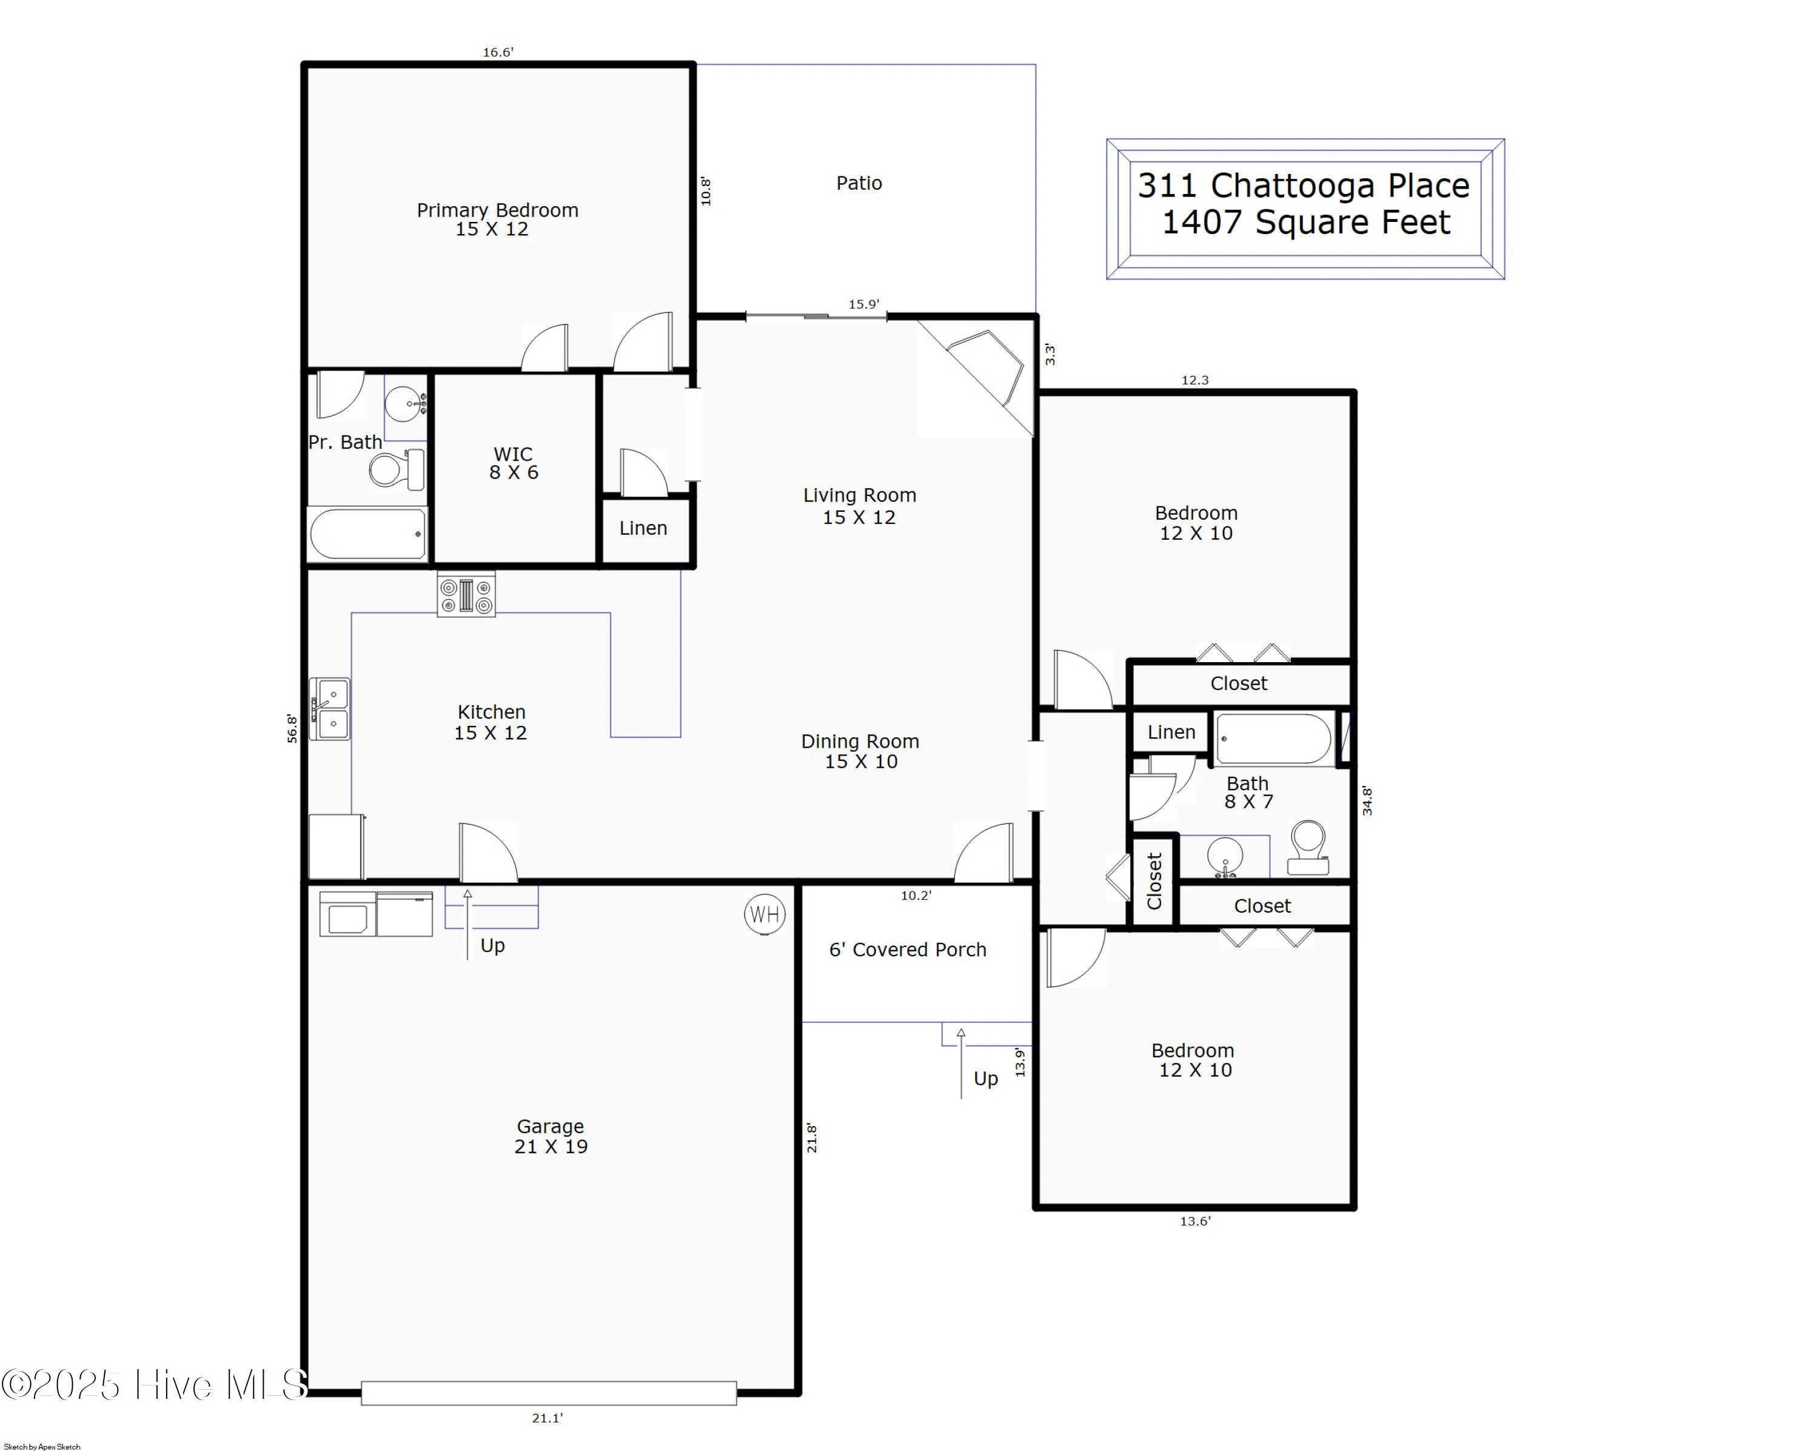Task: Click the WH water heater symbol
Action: [x=765, y=914]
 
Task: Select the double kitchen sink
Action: [x=330, y=709]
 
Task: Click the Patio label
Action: [x=859, y=183]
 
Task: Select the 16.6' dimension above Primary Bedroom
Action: [x=498, y=52]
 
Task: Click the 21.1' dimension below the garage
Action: [x=547, y=1418]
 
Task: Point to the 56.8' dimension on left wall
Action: [x=292, y=728]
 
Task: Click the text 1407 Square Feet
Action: [x=1305, y=222]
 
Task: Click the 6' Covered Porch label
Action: [x=907, y=950]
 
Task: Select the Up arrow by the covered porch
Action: [x=962, y=1063]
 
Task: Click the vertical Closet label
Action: [x=1154, y=880]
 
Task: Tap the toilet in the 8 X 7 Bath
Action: [x=1308, y=846]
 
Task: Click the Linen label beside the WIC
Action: [x=643, y=528]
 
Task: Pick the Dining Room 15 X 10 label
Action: [x=860, y=751]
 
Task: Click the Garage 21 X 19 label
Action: [x=550, y=1136]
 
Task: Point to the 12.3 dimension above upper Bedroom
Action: [x=1194, y=380]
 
